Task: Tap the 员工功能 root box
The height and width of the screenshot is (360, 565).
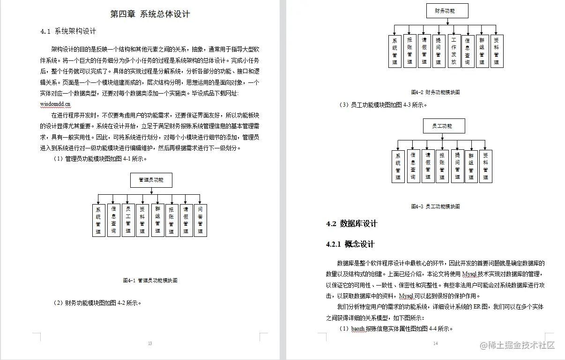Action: pyautogui.click(x=444, y=126)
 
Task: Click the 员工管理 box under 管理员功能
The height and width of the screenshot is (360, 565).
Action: pyautogui.click(x=128, y=220)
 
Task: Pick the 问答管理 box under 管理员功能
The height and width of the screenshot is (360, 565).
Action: pyautogui.click(x=200, y=220)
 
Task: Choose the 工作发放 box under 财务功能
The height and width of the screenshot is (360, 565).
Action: pyautogui.click(x=453, y=51)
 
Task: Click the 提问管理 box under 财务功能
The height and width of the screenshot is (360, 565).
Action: pyautogui.click(x=439, y=51)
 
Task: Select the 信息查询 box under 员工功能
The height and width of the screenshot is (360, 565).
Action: pyautogui.click(x=413, y=166)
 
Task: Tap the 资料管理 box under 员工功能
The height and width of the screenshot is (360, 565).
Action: pyautogui.click(x=485, y=166)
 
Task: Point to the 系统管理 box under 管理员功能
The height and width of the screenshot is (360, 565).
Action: pyautogui.click(x=98, y=220)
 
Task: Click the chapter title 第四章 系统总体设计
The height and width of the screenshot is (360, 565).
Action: pyautogui.click(x=150, y=14)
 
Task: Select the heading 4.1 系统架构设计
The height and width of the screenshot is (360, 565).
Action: pyautogui.click(x=68, y=31)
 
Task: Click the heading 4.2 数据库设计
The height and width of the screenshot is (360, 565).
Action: pyautogui.click(x=352, y=224)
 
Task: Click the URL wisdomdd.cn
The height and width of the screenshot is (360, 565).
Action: pyautogui.click(x=55, y=104)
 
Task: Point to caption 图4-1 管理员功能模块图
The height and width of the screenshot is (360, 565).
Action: pyautogui.click(x=150, y=281)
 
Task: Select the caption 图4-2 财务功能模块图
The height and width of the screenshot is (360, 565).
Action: pyautogui.click(x=435, y=92)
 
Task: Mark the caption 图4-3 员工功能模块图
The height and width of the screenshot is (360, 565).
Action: pyautogui.click(x=435, y=206)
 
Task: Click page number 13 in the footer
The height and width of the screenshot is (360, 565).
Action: pyautogui.click(x=150, y=344)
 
